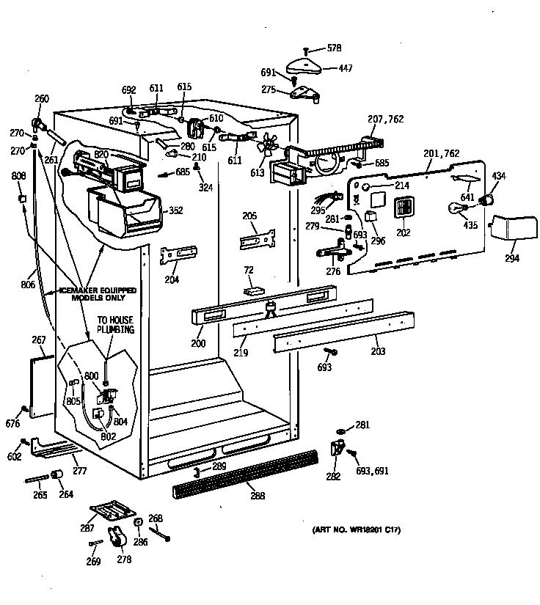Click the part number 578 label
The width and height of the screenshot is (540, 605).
click(334, 48)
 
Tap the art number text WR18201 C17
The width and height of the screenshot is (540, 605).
click(355, 529)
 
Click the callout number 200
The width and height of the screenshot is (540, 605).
click(198, 342)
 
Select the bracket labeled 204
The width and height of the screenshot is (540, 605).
click(179, 254)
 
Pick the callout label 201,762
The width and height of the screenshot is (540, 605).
click(442, 153)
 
